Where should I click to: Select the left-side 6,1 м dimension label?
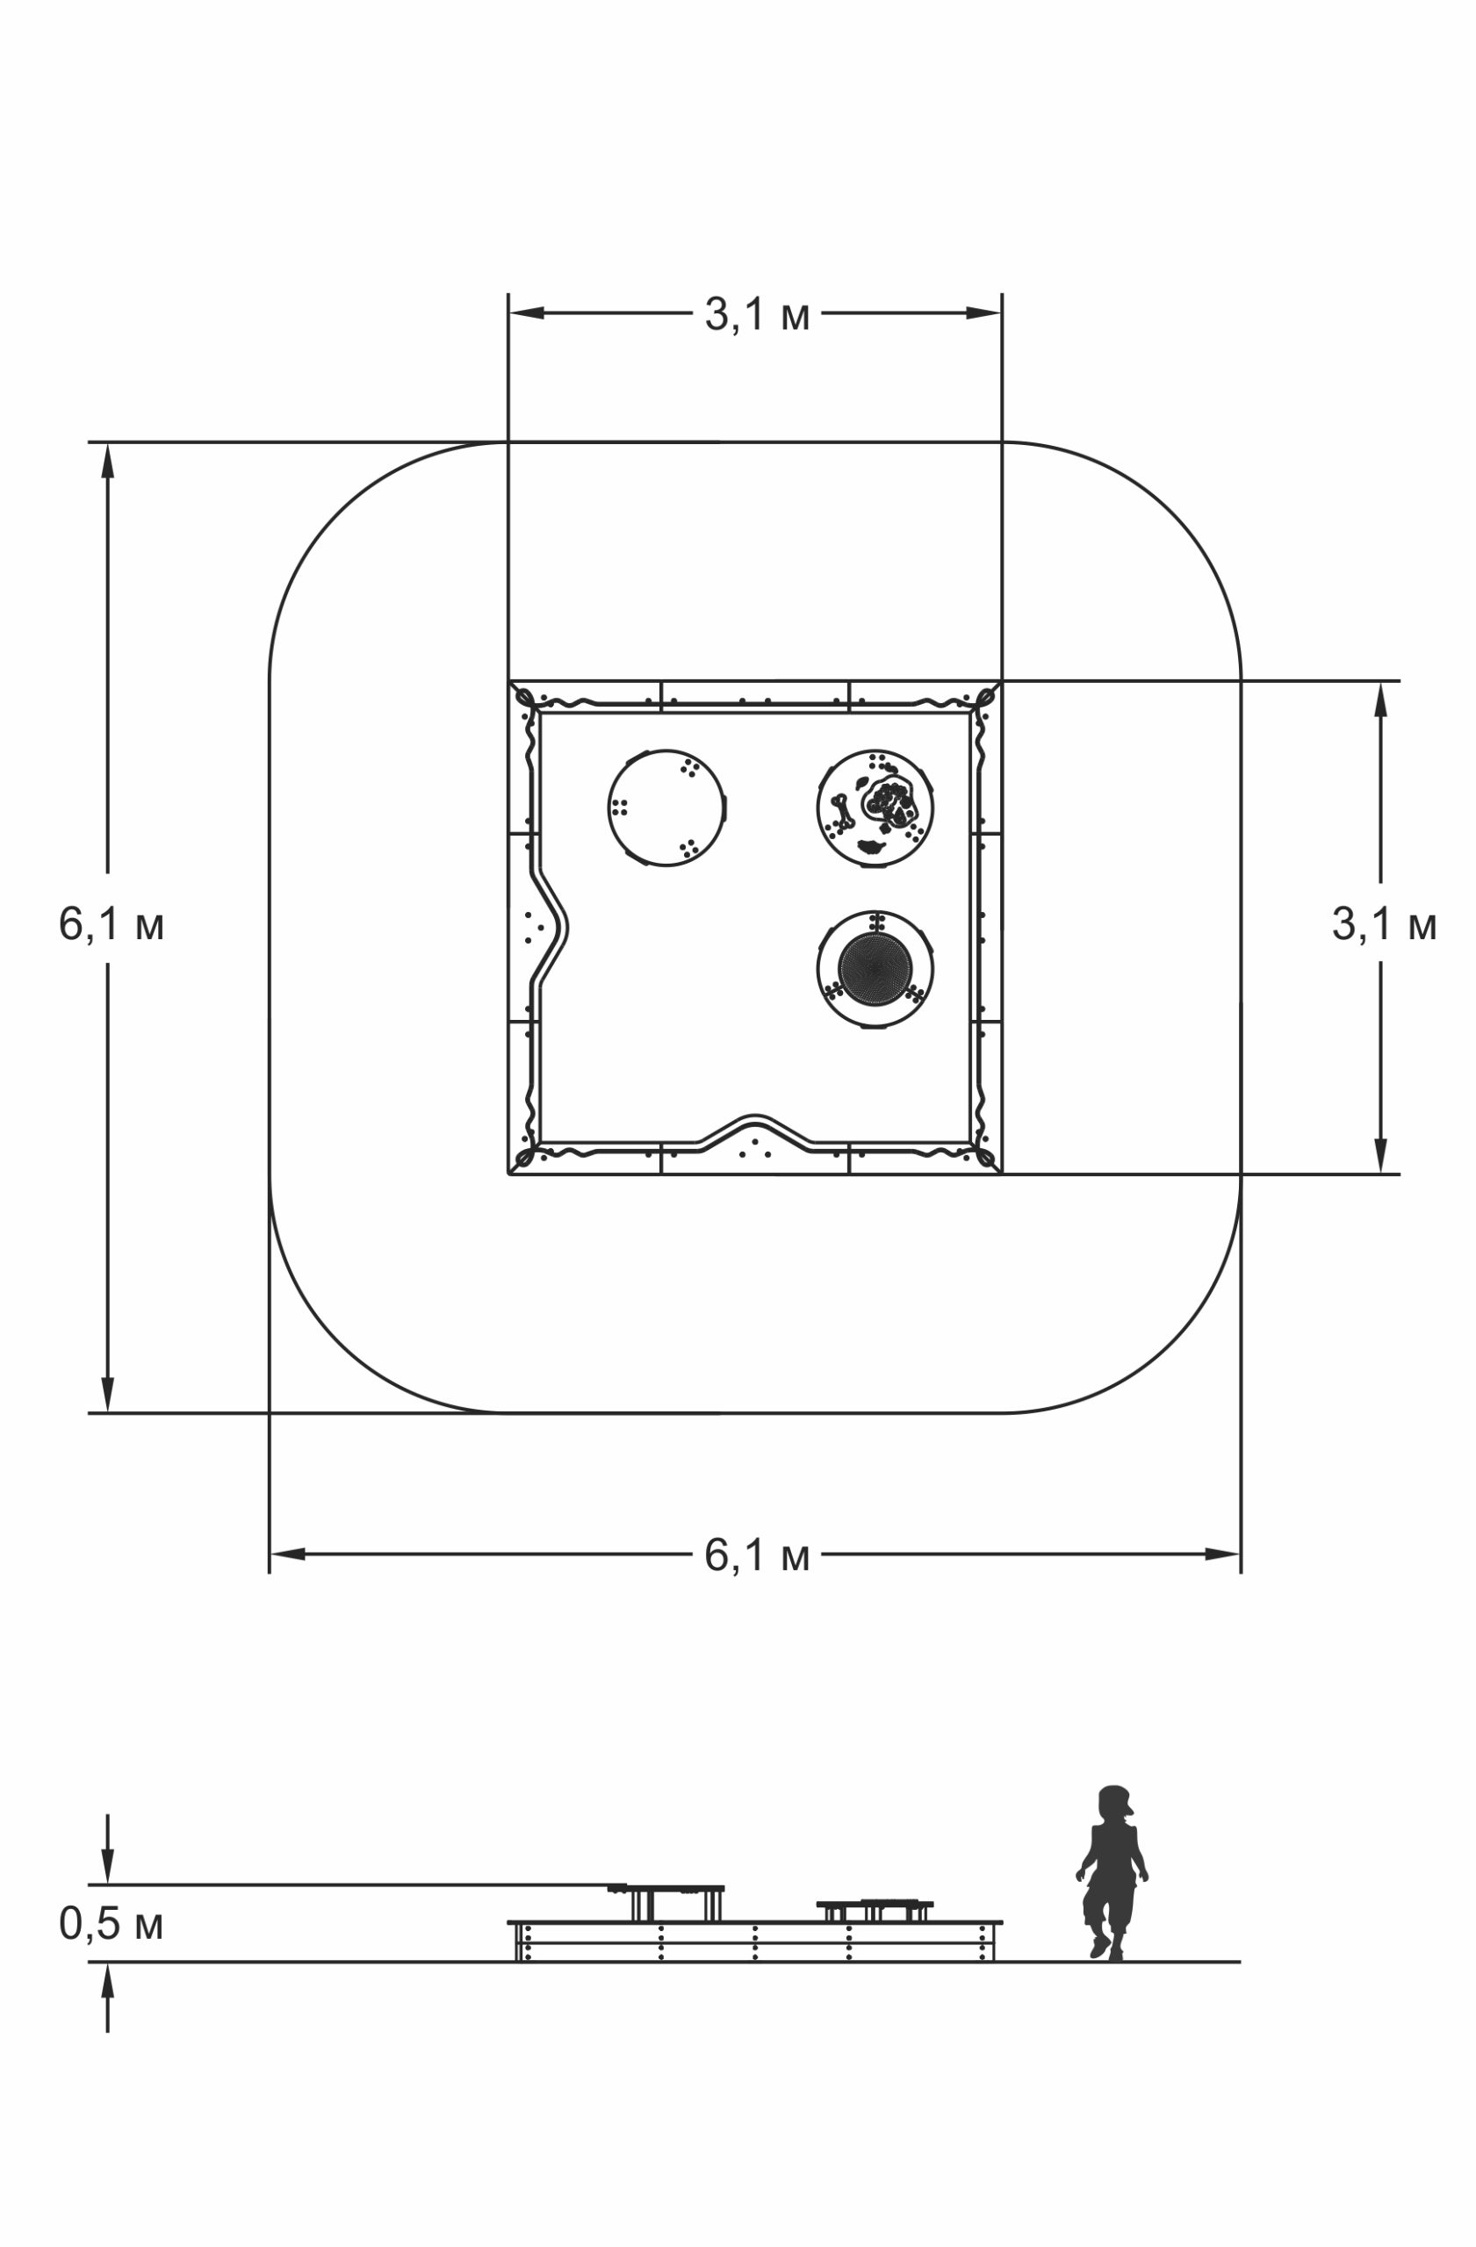pos(112,923)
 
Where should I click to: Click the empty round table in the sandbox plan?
pos(666,808)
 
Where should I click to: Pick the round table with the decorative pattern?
pos(875,808)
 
